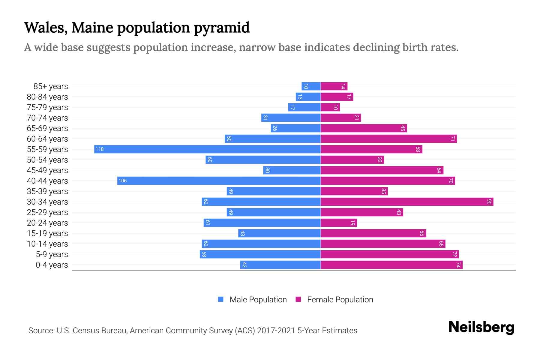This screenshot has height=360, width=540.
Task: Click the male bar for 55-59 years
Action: coord(207,149)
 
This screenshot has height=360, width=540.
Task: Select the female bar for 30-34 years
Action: coord(407,202)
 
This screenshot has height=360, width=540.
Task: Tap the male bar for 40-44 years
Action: coord(219,181)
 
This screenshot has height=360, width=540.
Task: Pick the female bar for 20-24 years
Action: coord(339,223)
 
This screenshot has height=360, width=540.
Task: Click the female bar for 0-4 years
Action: coord(391,265)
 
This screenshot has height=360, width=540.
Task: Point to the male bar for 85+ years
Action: coord(311,86)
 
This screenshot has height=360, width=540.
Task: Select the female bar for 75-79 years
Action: coord(330,107)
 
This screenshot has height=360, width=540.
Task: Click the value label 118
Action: coord(100,149)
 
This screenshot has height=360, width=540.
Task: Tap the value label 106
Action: coord(122,181)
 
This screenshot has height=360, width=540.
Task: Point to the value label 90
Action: coord(489,202)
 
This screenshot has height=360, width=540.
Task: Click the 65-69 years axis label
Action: coord(47,128)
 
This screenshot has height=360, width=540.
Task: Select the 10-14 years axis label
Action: coord(47,244)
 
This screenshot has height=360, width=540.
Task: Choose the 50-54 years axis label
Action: coord(47,160)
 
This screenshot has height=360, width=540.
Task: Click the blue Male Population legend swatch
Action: coord(221,299)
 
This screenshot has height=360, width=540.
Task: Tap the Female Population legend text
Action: coord(340,299)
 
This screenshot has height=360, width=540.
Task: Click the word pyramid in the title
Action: coord(222,28)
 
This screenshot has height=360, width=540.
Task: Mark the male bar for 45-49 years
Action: coord(292,170)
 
